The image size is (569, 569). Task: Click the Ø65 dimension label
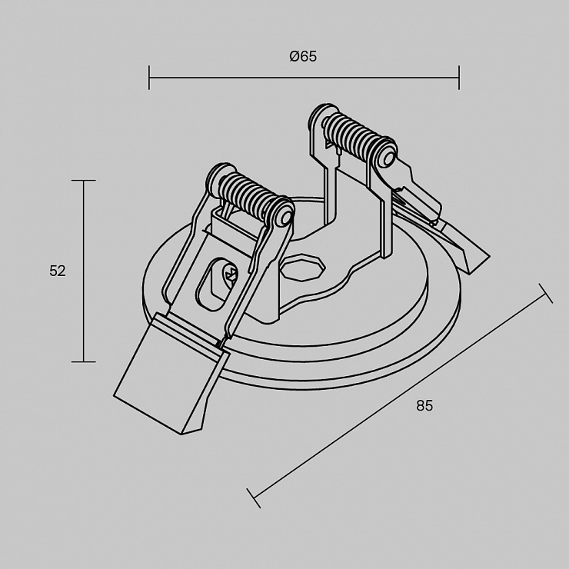pyautogui.click(x=303, y=56)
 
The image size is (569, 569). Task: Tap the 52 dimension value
pyautogui.click(x=58, y=271)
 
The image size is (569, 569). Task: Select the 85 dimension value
pyautogui.click(x=424, y=405)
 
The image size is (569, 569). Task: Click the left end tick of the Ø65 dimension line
pyautogui.click(x=149, y=78)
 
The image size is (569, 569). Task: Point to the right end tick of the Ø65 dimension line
pyautogui.click(x=459, y=78)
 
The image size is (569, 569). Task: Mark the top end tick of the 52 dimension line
pyautogui.click(x=84, y=180)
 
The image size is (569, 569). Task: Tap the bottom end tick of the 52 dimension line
pyautogui.click(x=84, y=361)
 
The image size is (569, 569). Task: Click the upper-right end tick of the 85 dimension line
pyautogui.click(x=546, y=293)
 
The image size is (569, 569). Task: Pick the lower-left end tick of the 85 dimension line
pyautogui.click(x=254, y=498)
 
